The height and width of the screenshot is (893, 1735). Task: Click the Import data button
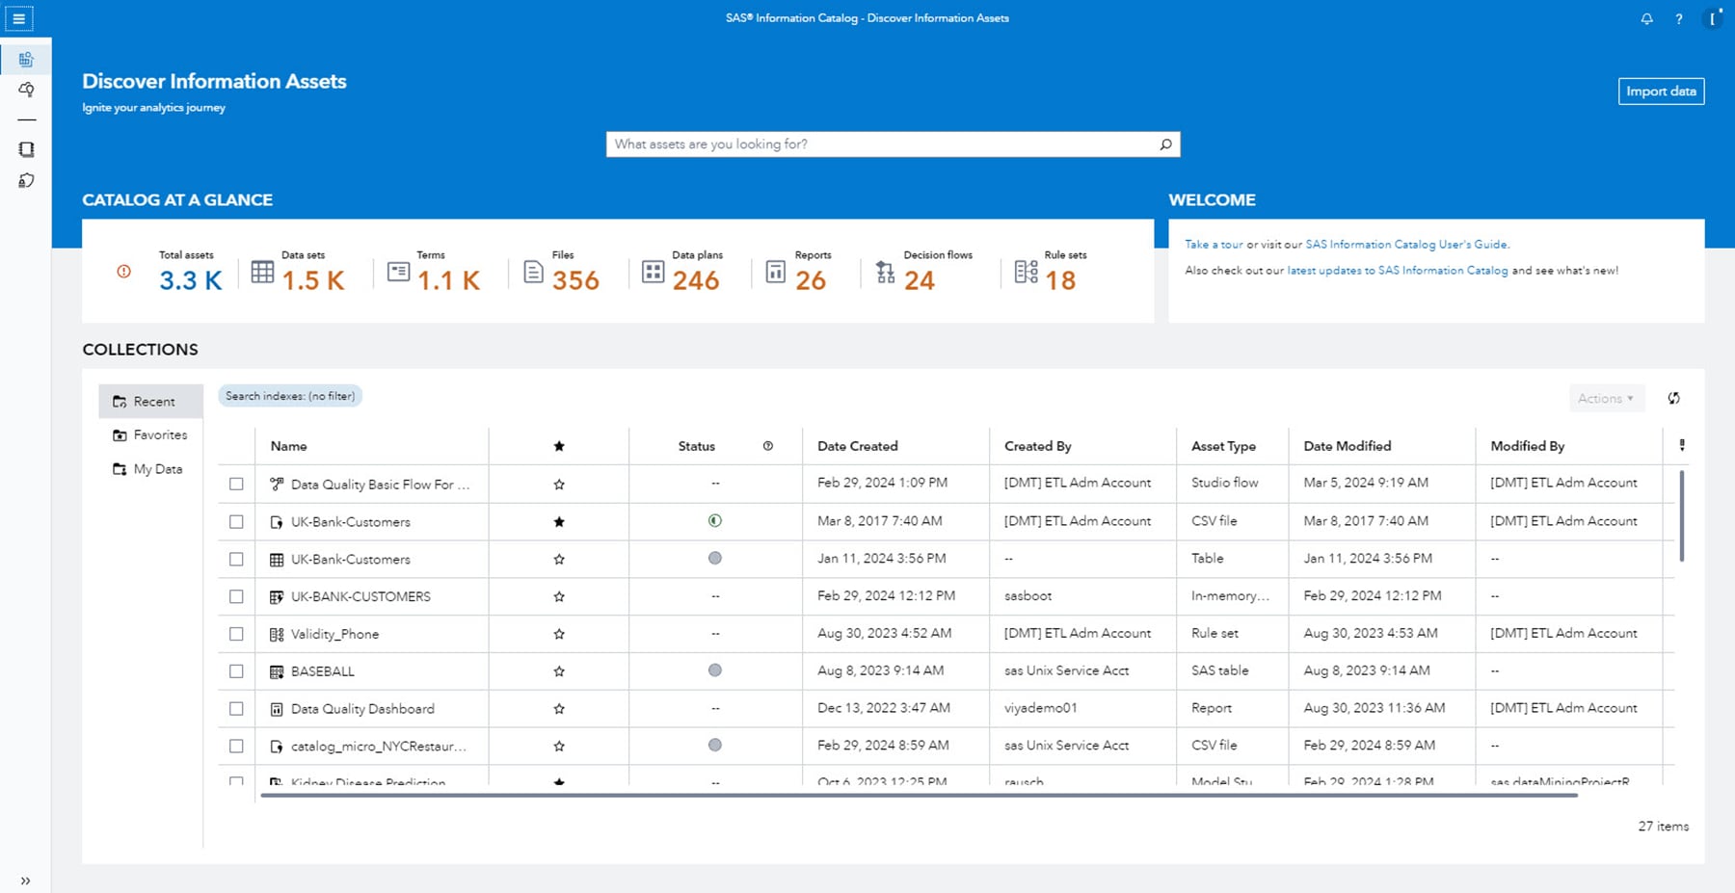[1661, 92]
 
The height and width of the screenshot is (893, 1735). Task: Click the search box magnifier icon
[1165, 144]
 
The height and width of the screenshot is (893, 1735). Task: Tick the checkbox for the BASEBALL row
[236, 671]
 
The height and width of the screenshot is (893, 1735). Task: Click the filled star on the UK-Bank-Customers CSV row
[559, 522]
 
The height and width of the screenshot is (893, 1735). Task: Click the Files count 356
[575, 280]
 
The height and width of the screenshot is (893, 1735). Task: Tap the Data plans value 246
[696, 280]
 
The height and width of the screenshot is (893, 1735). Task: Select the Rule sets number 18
[1060, 280]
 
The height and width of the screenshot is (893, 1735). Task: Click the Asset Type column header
[1223, 446]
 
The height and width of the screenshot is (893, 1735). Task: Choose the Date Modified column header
[1347, 446]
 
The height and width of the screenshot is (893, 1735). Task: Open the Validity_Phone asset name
[334, 634]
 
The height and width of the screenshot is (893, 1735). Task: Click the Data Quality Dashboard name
[362, 709]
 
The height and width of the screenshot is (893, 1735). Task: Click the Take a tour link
[1214, 245]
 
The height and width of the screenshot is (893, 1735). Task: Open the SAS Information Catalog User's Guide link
[1406, 245]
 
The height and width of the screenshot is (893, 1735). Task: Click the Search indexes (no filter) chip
[290, 396]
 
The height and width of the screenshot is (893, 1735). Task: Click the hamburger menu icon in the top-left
[18, 18]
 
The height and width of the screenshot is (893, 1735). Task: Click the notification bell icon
[1646, 19]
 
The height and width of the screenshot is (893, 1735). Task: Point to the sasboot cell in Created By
[1028, 596]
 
